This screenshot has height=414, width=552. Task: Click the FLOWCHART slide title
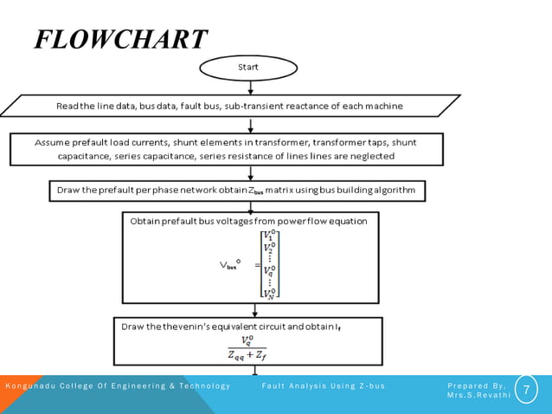120,39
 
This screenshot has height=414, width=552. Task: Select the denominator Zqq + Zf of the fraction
247,354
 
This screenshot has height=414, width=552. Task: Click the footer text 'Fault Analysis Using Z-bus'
323,385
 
